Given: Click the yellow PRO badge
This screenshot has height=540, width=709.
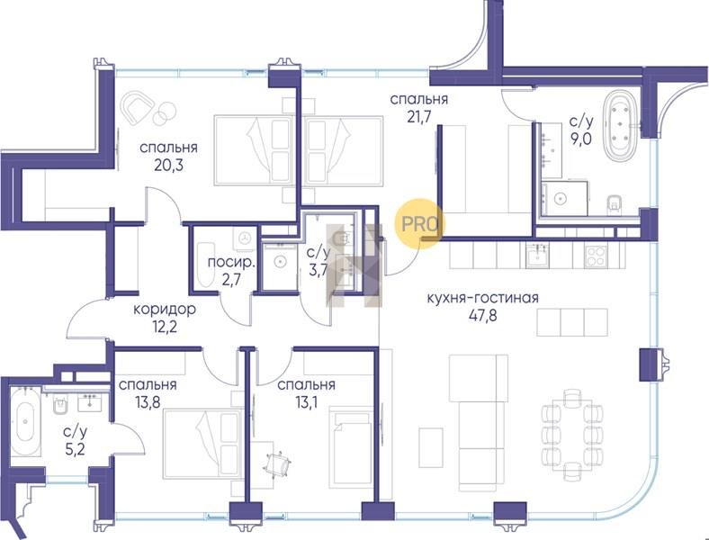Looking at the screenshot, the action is [419, 223].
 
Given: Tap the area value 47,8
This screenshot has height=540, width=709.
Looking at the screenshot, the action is [482, 315].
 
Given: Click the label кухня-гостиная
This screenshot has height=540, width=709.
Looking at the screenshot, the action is [482, 298].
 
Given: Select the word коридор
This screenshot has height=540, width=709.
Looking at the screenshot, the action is [165, 310].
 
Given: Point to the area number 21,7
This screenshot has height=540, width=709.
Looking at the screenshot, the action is [418, 116].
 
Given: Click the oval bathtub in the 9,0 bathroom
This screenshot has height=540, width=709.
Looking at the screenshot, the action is [621, 126].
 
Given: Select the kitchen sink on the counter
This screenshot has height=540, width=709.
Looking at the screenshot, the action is [538, 256].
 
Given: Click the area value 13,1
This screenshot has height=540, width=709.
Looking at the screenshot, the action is [307, 401].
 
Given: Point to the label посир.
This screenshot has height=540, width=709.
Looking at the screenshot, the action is [231, 263].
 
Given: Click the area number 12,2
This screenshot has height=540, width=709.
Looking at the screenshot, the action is [165, 327].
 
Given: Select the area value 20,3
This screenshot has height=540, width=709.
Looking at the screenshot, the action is [168, 165].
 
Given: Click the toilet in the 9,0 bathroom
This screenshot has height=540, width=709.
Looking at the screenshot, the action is [614, 203].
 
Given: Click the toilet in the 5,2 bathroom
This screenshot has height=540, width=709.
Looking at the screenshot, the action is [59, 405].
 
